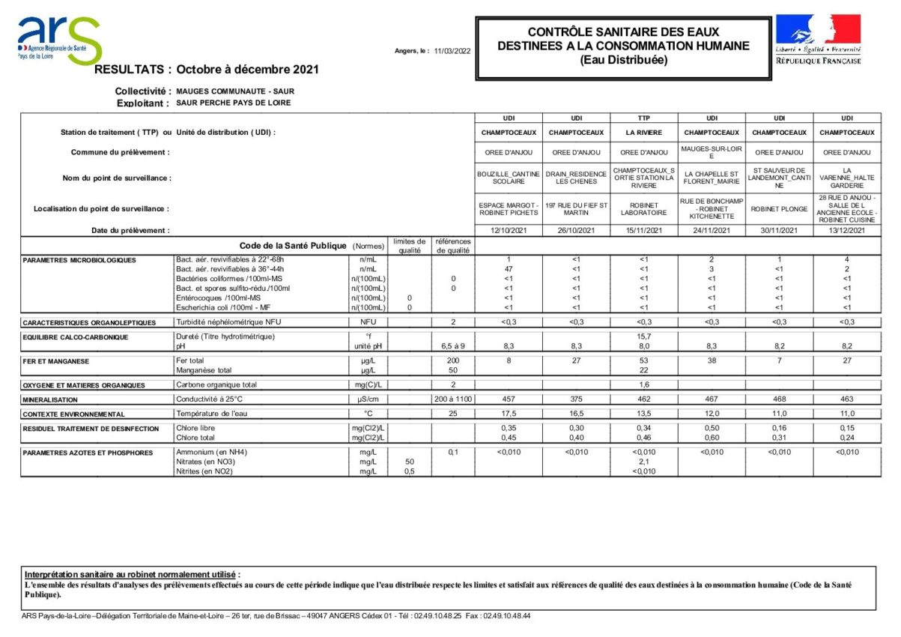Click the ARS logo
coord(59,40)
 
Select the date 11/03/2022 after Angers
coord(452,51)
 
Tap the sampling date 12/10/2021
coord(509,231)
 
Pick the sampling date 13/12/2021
coord(846,231)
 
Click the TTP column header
coord(643,118)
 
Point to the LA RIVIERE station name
coord(643,133)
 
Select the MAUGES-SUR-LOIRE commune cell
coord(712,152)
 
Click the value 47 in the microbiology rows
coord(509,268)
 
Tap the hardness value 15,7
coord(643,336)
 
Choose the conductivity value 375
coord(576,399)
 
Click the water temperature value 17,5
coord(509,414)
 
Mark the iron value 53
coord(643,361)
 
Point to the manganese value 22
coord(643,370)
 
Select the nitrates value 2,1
coord(643,462)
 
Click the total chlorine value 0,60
coord(712,438)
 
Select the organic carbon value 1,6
coord(643,384)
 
